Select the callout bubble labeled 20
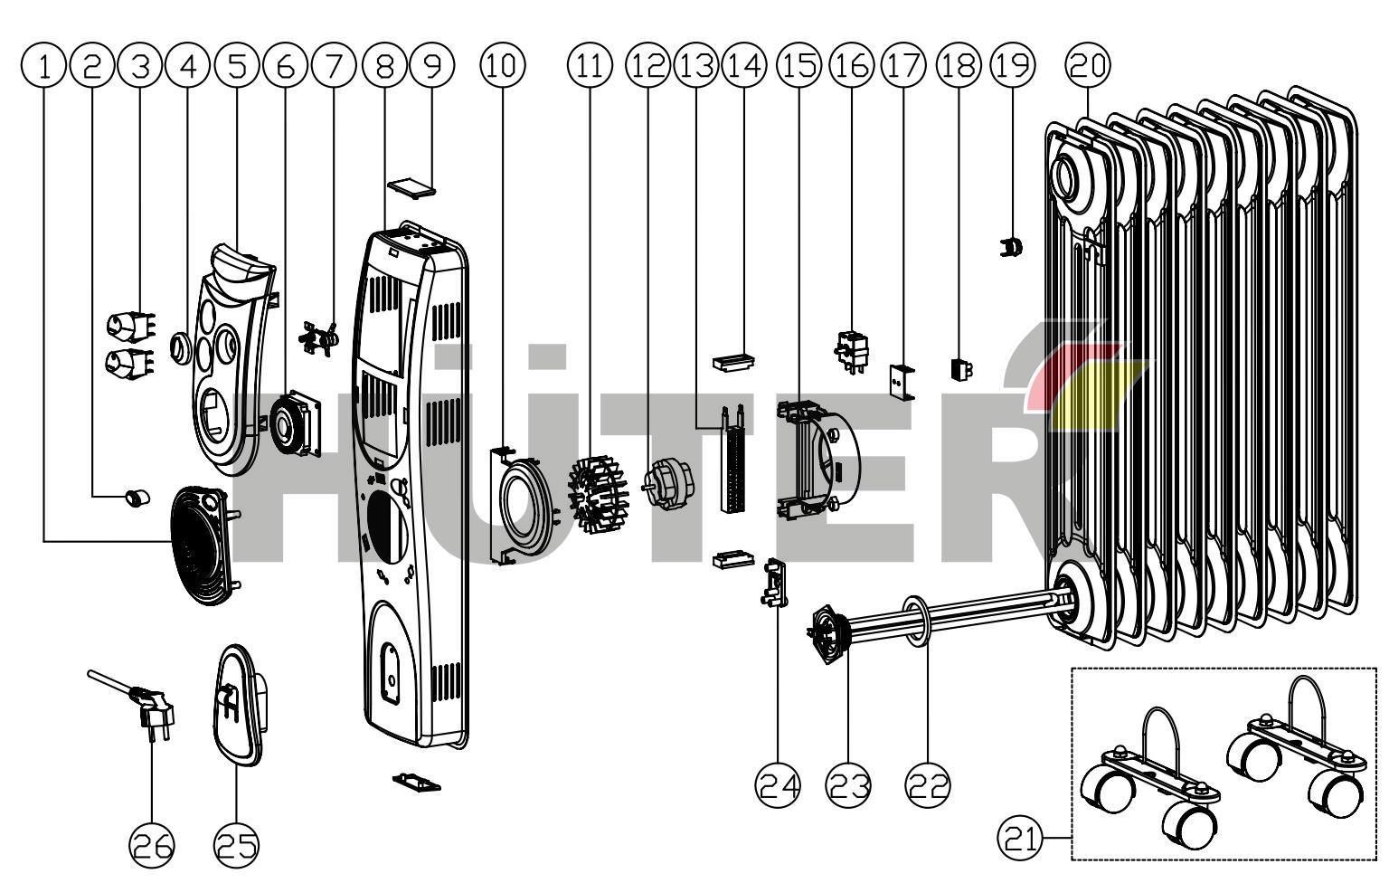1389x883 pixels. (1088, 64)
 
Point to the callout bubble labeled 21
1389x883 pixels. (1019, 839)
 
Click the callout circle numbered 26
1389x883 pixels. (152, 845)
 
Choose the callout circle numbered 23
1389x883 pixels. (848, 785)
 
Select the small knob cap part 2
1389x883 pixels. (137, 497)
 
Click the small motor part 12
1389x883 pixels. (667, 480)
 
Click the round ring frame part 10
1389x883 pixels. (522, 505)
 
